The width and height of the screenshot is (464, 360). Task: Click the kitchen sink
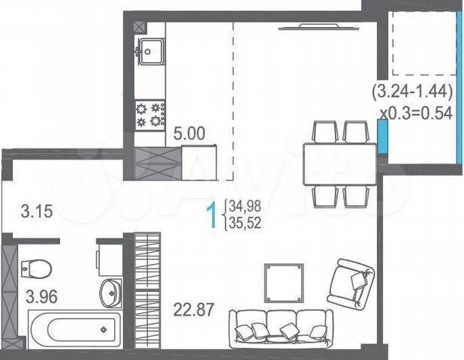pyautogui.click(x=150, y=51)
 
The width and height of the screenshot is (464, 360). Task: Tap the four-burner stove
pyautogui.click(x=149, y=114)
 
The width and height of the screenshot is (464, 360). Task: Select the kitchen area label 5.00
pyautogui.click(x=188, y=135)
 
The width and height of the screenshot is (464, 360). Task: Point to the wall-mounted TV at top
pyautogui.click(x=310, y=27)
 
